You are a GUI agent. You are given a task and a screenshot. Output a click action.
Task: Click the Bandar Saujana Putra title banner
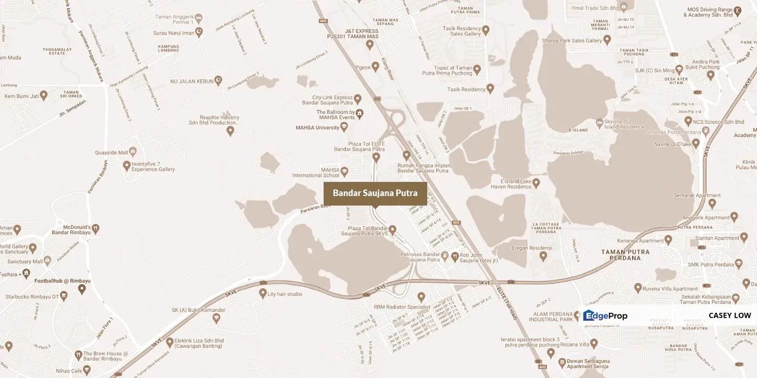[x=375, y=193]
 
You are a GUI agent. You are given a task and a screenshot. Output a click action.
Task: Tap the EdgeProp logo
[x=605, y=316]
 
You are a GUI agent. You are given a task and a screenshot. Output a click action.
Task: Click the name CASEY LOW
[x=730, y=316]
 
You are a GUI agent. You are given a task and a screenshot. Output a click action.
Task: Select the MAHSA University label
[x=317, y=128]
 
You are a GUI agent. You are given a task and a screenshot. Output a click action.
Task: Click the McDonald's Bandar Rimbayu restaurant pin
[x=96, y=229]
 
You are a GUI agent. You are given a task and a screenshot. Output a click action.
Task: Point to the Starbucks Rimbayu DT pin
[x=64, y=296]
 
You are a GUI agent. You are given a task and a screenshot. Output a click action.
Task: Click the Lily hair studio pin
[x=263, y=293]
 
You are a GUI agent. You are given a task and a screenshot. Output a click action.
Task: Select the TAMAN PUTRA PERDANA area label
[x=625, y=255]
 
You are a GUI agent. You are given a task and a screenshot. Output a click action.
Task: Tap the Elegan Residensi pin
[x=544, y=256]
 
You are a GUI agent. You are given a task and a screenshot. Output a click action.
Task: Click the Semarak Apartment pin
[x=712, y=203]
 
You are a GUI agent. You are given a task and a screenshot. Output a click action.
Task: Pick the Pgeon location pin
[x=375, y=67]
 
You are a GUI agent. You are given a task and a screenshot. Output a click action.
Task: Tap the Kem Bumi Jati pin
[x=44, y=95]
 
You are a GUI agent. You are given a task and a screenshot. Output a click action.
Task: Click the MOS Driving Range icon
[x=738, y=9]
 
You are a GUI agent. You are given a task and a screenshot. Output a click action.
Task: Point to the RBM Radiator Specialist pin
[x=421, y=297]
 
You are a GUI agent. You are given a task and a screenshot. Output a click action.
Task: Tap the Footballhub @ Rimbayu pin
[x=82, y=288]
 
